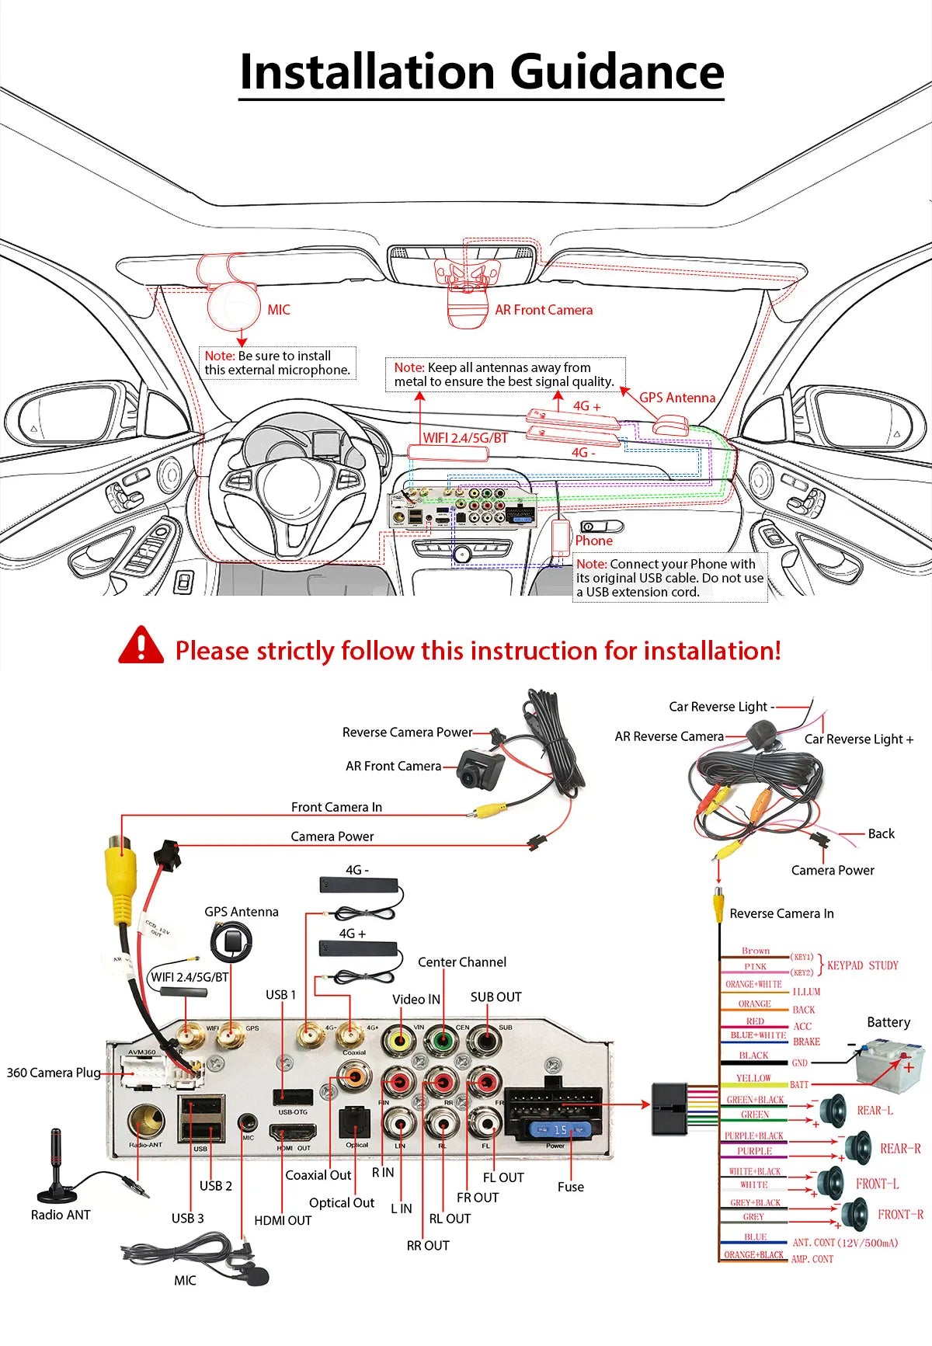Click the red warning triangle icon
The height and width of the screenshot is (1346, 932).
141,646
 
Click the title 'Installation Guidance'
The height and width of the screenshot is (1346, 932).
482,72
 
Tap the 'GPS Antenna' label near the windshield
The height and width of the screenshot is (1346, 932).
676,398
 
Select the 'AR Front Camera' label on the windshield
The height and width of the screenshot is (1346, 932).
544,310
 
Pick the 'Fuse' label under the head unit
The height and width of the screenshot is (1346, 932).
570,1187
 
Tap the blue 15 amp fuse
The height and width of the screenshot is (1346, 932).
559,1129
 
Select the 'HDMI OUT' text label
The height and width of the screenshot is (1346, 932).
283,1220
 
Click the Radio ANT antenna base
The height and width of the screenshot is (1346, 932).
55,1191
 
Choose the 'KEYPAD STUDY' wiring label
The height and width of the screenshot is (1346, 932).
862,965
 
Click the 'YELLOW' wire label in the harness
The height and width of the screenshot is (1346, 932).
753,1079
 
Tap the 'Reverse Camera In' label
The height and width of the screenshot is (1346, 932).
781,913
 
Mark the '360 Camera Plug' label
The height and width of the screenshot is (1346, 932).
54,1073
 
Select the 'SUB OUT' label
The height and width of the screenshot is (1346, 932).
496,996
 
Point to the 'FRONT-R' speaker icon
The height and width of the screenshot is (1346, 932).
855,1213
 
